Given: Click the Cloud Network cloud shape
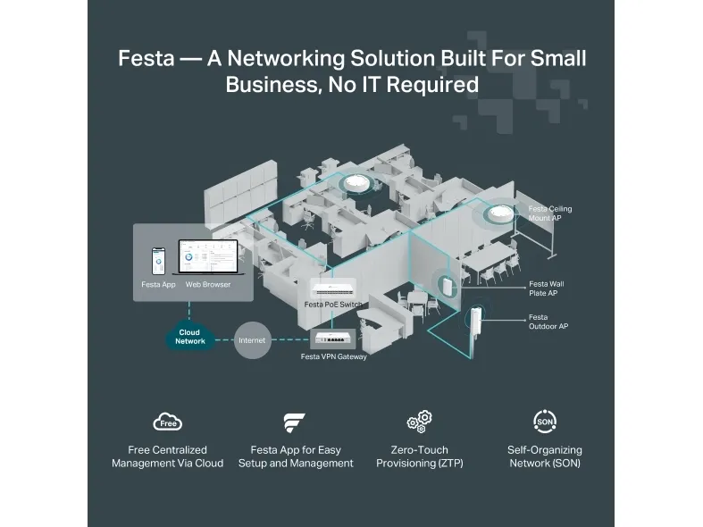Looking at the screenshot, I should click(189, 338).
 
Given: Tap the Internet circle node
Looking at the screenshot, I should click(252, 340).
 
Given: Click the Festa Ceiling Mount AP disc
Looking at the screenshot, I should click(500, 213).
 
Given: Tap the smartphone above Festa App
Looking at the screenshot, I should click(158, 262).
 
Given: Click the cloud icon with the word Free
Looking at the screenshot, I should click(168, 422).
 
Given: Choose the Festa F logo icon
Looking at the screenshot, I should click(295, 422).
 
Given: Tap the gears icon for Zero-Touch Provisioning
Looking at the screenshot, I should click(419, 422).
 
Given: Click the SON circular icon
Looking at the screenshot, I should click(544, 422).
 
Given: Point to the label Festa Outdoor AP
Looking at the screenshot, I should click(548, 322).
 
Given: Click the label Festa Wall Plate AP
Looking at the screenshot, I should click(546, 288).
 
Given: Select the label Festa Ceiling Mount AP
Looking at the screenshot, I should click(549, 213).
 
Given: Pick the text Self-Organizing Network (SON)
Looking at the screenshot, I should click(545, 456).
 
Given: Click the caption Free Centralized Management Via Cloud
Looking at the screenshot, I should click(167, 456).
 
